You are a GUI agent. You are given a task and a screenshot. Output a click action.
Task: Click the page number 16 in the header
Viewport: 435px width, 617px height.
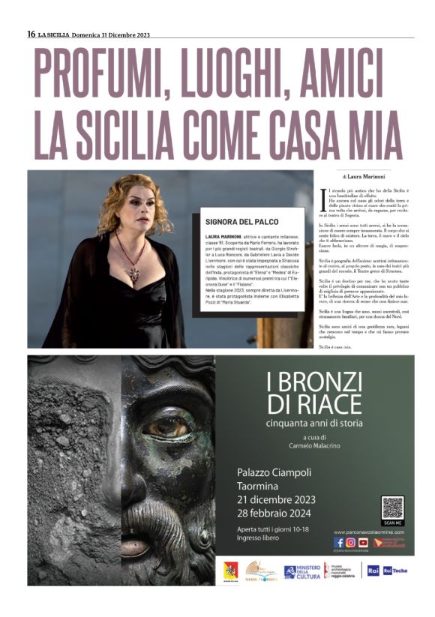[x=31, y=34]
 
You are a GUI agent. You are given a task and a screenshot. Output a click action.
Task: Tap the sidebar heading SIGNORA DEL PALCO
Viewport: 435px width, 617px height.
[x=241, y=222]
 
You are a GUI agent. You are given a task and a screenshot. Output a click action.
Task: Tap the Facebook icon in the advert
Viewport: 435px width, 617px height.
[x=339, y=542]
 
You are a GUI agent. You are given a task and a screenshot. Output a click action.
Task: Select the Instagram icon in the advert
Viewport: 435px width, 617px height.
[x=350, y=542]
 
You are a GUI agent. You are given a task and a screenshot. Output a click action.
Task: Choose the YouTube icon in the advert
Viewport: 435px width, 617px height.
[x=362, y=542]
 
